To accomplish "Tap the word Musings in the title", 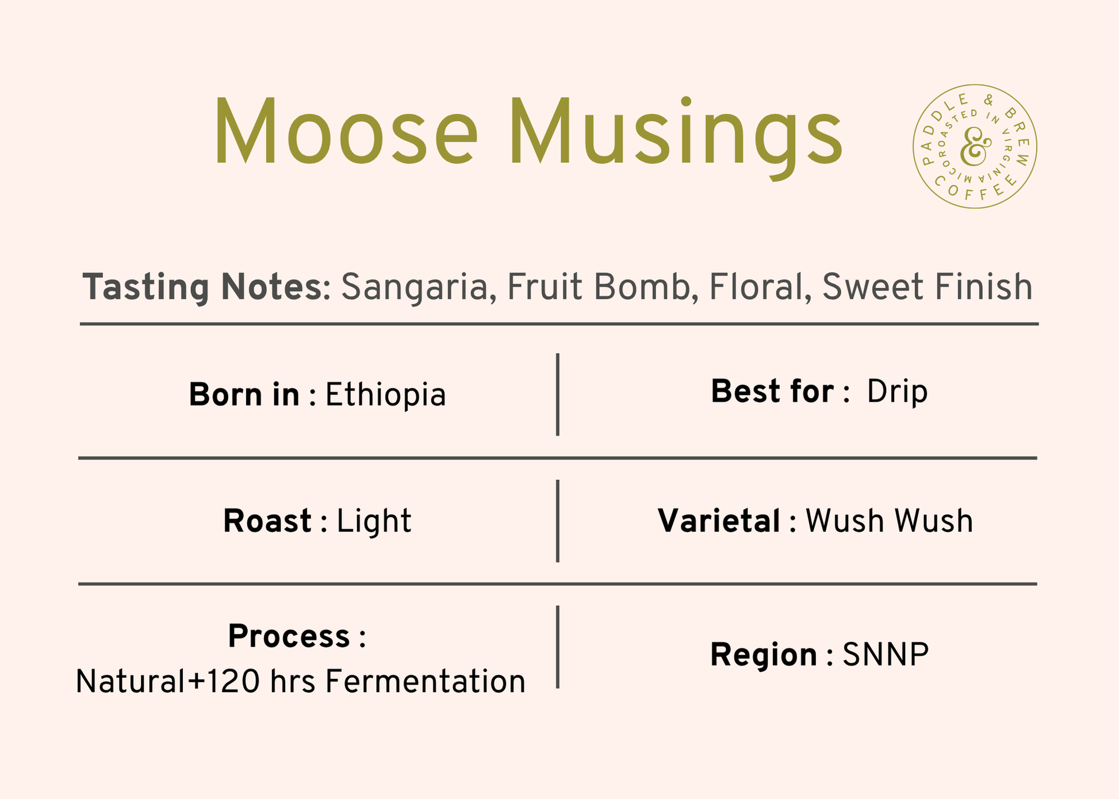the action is [676, 139].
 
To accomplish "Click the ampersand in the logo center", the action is [976, 146].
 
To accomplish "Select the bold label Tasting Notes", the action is [202, 287].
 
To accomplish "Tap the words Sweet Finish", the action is [928, 287].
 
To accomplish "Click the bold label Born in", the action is [244, 395].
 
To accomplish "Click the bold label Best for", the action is [772, 392].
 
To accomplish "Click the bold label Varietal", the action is [719, 521].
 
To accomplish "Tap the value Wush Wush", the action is [889, 521].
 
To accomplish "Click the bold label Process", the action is [289, 637].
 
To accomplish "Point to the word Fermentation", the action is [426, 682].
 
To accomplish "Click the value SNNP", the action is [886, 655].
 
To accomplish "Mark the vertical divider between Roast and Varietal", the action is [558, 521].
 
